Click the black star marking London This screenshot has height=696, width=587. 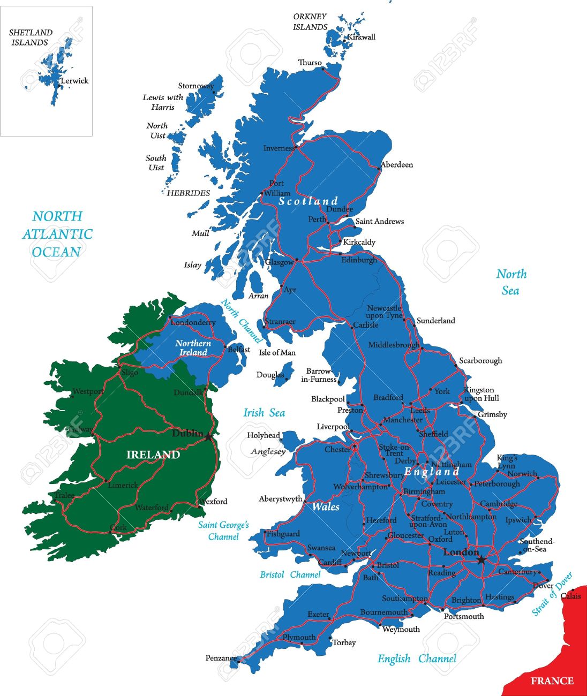click(481, 559)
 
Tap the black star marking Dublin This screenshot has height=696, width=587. click(208, 437)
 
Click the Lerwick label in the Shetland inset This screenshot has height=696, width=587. click(74, 81)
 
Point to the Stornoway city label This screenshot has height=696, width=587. click(195, 86)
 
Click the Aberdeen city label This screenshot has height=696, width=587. click(397, 164)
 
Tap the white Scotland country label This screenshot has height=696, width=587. click(308, 201)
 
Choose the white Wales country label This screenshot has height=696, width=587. click(326, 506)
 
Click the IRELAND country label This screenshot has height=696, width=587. click(153, 455)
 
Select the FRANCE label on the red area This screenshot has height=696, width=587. click(552, 681)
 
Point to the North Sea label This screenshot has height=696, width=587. click(511, 282)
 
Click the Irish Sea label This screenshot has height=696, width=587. click(264, 412)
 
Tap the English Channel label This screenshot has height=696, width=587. click(417, 659)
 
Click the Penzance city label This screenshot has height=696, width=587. click(221, 658)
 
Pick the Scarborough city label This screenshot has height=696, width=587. click(480, 360)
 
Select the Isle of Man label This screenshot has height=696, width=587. click(277, 352)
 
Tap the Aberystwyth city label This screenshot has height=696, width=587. click(280, 498)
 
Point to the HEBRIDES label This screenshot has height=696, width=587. click(188, 193)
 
